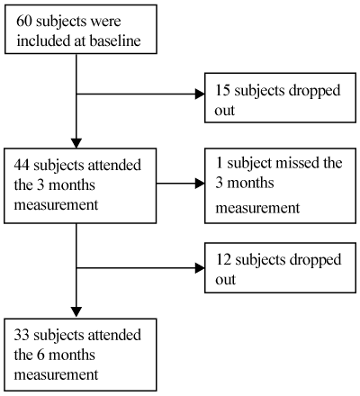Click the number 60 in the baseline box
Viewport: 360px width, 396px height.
pyautogui.click(x=24, y=22)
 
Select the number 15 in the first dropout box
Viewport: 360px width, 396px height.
pyautogui.click(x=222, y=90)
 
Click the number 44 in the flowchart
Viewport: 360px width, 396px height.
pyautogui.click(x=22, y=165)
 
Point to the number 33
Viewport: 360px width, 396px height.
pyautogui.click(x=22, y=335)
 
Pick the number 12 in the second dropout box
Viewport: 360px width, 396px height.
pyautogui.click(x=223, y=260)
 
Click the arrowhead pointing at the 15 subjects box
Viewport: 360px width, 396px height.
pyautogui.click(x=200, y=94)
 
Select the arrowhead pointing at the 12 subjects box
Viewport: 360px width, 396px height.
pyautogui.click(x=200, y=268)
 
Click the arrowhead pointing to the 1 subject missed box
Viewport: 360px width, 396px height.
pyautogui.click(x=200, y=183)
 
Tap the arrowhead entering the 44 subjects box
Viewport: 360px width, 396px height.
pyautogui.click(x=76, y=143)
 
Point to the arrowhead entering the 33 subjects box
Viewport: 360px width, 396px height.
pyautogui.click(x=76, y=312)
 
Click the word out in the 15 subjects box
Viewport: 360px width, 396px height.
pyautogui.click(x=224, y=111)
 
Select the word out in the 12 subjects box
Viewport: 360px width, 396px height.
pyautogui.click(x=225, y=280)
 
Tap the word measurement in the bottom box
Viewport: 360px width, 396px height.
pyautogui.click(x=56, y=375)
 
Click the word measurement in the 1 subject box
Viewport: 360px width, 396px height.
pyautogui.click(x=257, y=208)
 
